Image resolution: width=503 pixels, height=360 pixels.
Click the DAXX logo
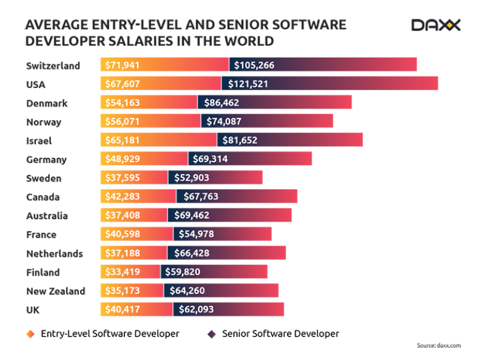pos(436,25)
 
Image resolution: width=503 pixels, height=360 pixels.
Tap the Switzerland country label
pos(53,66)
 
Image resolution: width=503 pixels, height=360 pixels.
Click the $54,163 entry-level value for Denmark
pos(123,103)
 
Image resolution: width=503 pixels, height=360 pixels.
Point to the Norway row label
pos(44,122)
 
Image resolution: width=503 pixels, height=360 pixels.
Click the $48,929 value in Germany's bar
pos(123,159)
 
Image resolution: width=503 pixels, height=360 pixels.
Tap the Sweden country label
pos(44,178)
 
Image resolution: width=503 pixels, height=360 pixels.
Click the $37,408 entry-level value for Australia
pos(123,216)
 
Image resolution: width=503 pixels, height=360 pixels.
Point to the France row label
pos(41,234)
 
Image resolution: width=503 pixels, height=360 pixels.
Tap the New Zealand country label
pos(56,291)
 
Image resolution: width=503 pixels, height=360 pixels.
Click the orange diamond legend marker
pos(30,334)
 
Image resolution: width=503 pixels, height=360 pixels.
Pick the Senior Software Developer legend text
pos(280,333)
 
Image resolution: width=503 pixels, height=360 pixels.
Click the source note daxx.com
pos(439,345)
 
